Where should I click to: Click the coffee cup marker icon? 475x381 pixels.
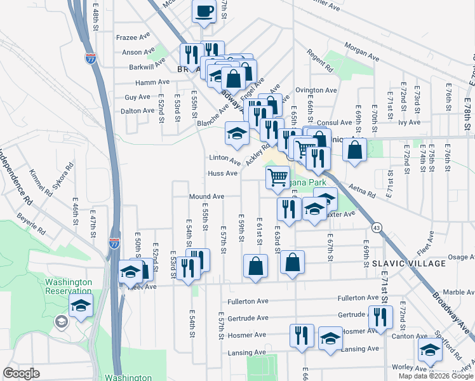(204, 11)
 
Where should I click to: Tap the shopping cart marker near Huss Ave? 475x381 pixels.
(278, 178)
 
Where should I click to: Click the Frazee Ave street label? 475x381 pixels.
(132, 37)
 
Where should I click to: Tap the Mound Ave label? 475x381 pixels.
(206, 197)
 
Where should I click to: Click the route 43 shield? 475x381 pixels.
(378, 227)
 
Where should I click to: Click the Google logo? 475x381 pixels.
(21, 373)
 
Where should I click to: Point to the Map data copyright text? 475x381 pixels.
(436, 376)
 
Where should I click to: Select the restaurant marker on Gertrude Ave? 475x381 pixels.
(380, 318)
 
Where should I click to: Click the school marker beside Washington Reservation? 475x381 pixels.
(81, 305)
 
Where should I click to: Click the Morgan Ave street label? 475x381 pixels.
(362, 54)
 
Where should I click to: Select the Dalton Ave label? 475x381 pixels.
(139, 110)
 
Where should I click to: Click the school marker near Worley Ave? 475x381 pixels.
(430, 350)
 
